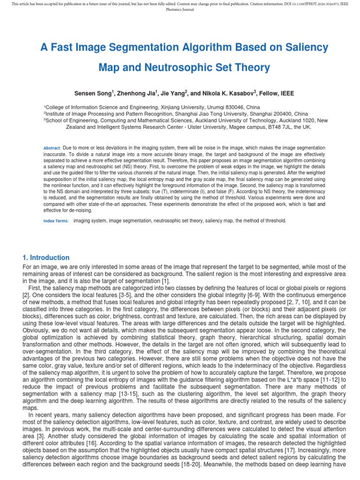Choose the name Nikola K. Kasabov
click(x=226, y=93)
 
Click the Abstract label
click(x=52, y=148)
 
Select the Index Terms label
click(x=56, y=221)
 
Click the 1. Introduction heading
click(x=46, y=258)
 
